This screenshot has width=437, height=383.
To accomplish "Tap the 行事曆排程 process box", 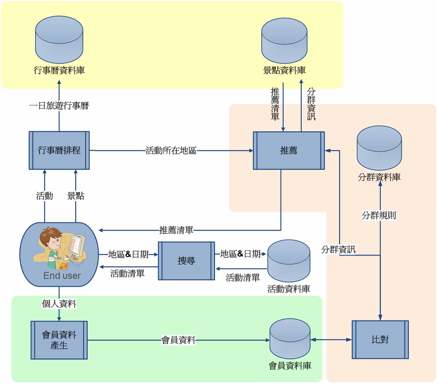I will (x=59, y=150).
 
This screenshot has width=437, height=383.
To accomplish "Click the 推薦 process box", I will (x=289, y=151).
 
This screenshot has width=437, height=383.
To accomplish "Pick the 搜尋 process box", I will (x=186, y=261).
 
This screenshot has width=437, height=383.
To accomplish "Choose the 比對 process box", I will (x=380, y=340).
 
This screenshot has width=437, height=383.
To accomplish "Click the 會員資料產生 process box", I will (x=59, y=340).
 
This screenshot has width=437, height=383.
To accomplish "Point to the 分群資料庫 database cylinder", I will (x=379, y=148).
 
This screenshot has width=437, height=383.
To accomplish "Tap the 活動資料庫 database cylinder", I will (x=289, y=261).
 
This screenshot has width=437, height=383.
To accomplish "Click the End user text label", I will (x=62, y=276).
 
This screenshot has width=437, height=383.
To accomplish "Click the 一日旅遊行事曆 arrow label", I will (x=59, y=106).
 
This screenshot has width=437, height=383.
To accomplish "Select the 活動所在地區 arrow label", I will (x=171, y=151).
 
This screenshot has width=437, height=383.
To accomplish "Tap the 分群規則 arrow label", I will (x=379, y=215).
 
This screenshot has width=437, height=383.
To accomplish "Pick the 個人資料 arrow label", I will (x=59, y=303).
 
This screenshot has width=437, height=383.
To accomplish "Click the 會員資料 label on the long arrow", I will (x=178, y=340).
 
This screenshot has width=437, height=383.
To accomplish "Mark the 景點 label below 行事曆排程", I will (x=76, y=196).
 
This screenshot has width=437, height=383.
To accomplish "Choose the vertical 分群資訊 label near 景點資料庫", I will (x=311, y=104).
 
